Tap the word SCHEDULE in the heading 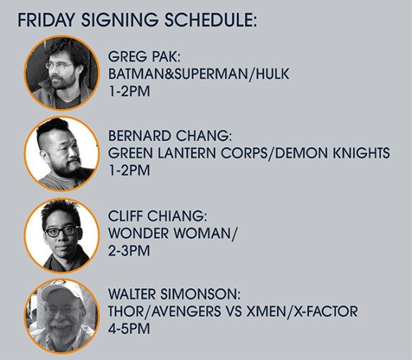[x=210, y=20]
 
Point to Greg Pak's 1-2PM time [x=129, y=91]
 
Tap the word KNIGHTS [x=361, y=153]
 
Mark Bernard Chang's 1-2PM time [x=129, y=170]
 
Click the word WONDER [x=138, y=233]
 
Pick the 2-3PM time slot [x=129, y=251]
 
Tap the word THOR [x=126, y=311]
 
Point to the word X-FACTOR [x=325, y=311]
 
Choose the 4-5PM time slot [x=129, y=329]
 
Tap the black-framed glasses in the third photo [x=61, y=231]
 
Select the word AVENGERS [x=186, y=311]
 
